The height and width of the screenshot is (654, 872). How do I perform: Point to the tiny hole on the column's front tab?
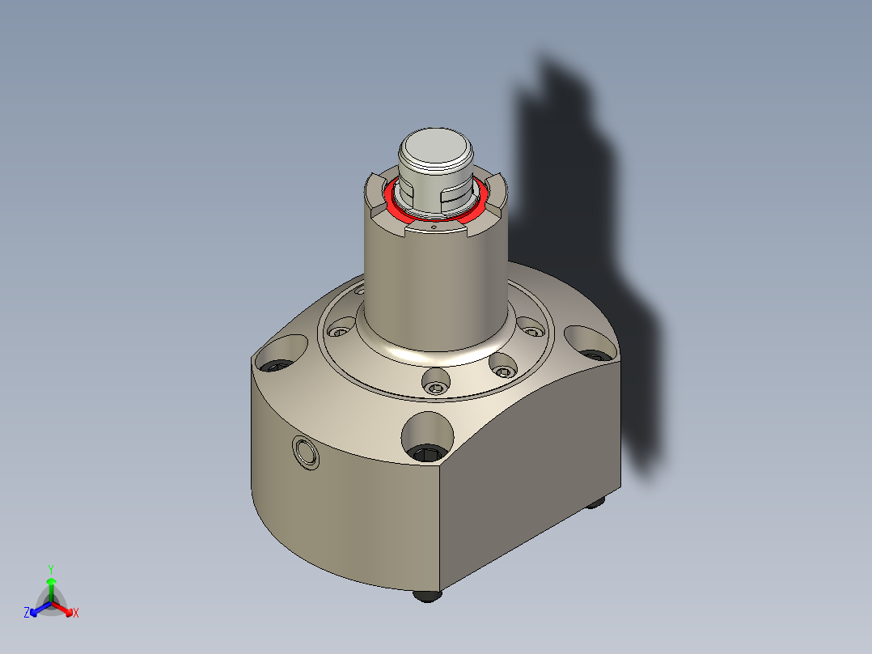coord(434,229)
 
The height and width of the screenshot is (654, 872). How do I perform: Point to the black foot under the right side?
coord(596,502)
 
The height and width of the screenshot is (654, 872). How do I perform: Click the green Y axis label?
coord(50,568)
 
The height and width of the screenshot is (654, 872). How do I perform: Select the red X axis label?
coord(76,614)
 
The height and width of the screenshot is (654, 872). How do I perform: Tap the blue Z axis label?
coord(27,613)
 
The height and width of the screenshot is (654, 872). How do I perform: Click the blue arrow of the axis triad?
coord(37,608)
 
